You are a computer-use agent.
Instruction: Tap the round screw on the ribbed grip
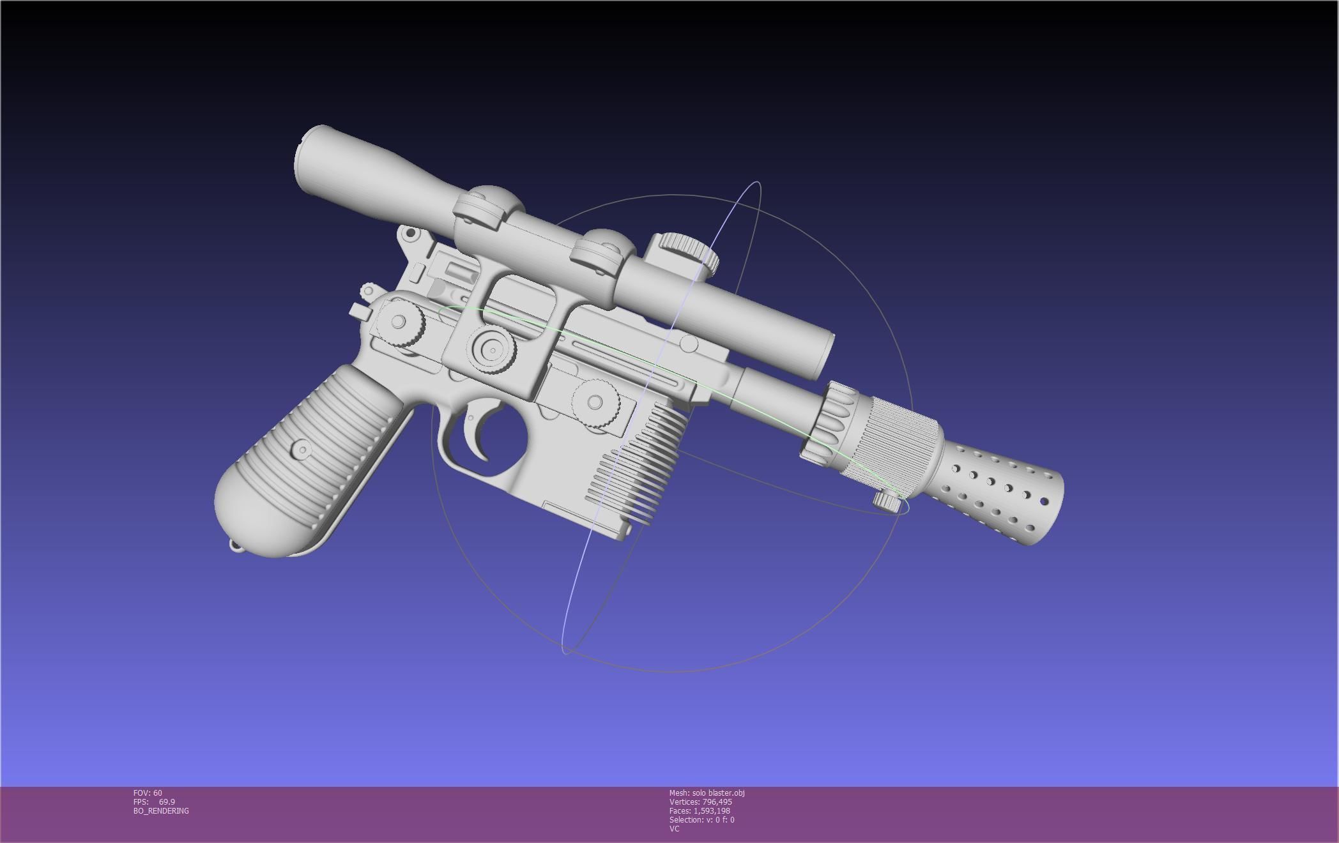[x=302, y=448]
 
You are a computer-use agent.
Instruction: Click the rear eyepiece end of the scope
[x=310, y=160]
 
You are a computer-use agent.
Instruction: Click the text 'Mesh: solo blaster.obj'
[x=707, y=793]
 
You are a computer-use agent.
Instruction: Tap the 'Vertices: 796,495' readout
[x=700, y=802]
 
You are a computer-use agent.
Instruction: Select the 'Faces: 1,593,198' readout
[x=700, y=811]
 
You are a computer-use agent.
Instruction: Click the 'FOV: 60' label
[x=148, y=793]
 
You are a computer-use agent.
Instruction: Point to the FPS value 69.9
[x=167, y=802]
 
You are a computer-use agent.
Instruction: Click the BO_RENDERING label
[x=161, y=811]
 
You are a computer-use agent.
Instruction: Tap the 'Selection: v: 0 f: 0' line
[x=701, y=820]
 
